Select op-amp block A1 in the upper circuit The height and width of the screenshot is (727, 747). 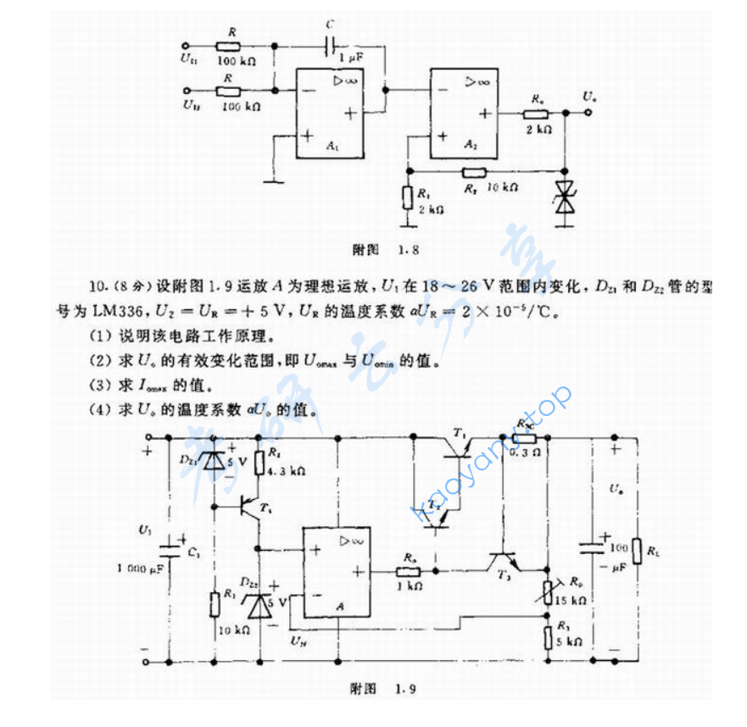(331, 114)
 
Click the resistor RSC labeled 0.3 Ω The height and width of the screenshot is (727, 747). (525, 438)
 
